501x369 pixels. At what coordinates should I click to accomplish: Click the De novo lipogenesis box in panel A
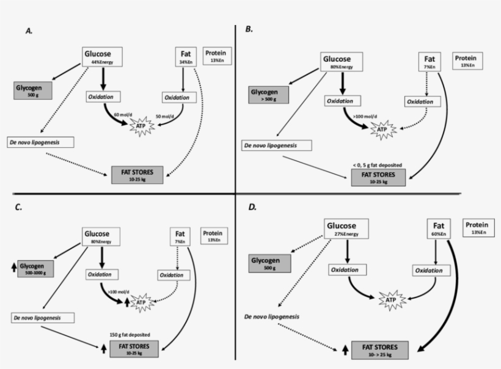point(42,142)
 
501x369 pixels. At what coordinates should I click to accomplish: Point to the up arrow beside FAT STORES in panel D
point(345,349)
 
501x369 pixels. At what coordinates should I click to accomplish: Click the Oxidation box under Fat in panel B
point(421,101)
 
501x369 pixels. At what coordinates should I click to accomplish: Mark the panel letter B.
point(249,29)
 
